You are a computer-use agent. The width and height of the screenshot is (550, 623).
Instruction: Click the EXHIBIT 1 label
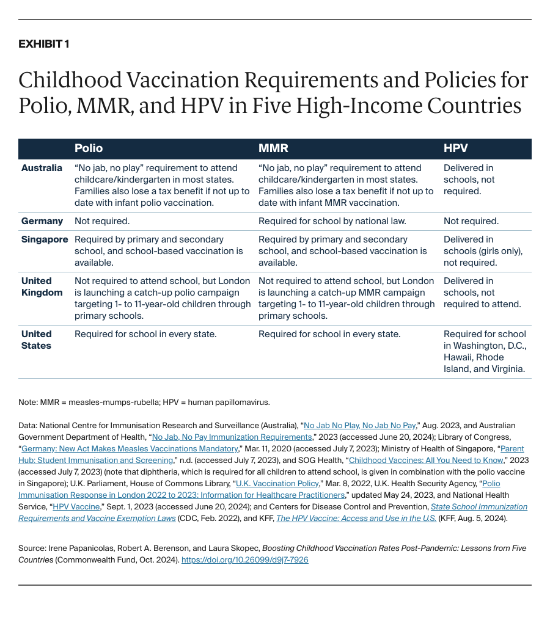tap(43, 44)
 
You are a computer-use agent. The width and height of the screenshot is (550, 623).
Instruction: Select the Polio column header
tap(89, 148)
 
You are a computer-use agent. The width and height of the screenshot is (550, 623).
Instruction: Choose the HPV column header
tap(455, 148)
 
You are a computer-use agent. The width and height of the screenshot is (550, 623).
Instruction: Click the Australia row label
tap(42, 168)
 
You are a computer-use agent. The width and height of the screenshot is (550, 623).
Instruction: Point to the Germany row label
tap(42, 221)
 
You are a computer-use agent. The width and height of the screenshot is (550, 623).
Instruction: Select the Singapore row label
tap(45, 239)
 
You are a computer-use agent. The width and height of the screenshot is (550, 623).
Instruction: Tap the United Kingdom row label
tap(42, 286)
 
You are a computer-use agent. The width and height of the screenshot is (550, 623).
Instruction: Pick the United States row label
tap(37, 340)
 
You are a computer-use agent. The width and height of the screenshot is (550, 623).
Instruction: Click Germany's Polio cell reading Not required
tap(102, 221)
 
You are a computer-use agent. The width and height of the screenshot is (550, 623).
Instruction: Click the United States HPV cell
tap(485, 352)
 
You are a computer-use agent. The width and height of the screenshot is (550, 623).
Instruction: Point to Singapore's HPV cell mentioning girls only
tap(483, 251)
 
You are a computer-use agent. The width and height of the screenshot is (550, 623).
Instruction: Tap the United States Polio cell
tap(145, 334)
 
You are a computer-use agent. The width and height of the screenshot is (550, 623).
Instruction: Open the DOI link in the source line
tap(245, 559)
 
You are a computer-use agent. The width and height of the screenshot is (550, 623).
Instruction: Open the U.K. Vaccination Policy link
tap(278, 483)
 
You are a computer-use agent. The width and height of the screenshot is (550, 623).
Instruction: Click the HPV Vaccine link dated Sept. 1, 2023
tap(76, 506)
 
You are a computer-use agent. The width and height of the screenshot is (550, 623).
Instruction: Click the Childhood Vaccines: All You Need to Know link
tap(426, 460)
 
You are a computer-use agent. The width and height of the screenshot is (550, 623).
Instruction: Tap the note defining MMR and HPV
tap(144, 402)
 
